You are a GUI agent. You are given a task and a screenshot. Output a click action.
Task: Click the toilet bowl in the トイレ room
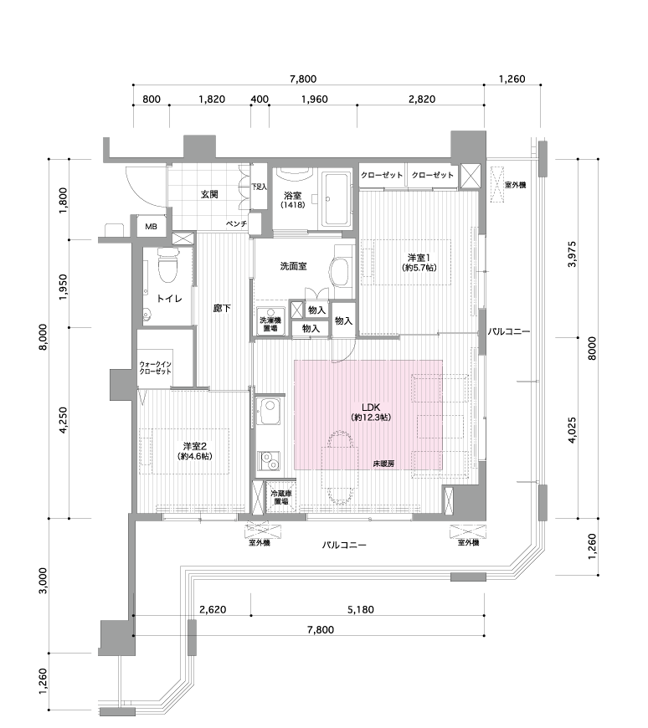(168, 265)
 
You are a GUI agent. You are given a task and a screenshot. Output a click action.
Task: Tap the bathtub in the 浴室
(337, 200)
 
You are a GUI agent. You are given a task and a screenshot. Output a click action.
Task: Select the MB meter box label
(151, 227)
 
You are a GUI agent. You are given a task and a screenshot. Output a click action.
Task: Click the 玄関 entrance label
(209, 194)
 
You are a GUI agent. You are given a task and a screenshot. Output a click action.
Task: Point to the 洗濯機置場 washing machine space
(270, 320)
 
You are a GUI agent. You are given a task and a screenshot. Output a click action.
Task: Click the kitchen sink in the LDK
(270, 411)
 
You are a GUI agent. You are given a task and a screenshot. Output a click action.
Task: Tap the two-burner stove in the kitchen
(270, 461)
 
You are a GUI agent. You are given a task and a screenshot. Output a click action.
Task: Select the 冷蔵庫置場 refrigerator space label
(281, 498)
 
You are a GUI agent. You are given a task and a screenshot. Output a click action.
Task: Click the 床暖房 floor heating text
(383, 464)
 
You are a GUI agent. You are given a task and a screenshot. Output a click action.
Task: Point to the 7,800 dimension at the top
(303, 79)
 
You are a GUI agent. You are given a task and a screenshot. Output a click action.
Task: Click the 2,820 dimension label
(422, 99)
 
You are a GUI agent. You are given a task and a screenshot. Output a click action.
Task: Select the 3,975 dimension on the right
(572, 254)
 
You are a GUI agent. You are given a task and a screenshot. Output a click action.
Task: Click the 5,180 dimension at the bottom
(361, 609)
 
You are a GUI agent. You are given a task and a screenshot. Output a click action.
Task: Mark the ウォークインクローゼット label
(155, 368)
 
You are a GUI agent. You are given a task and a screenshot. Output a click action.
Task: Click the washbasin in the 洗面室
(340, 273)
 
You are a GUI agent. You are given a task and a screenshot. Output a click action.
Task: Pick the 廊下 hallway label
(222, 308)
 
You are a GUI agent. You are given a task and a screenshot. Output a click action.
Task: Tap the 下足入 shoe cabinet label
(260, 187)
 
